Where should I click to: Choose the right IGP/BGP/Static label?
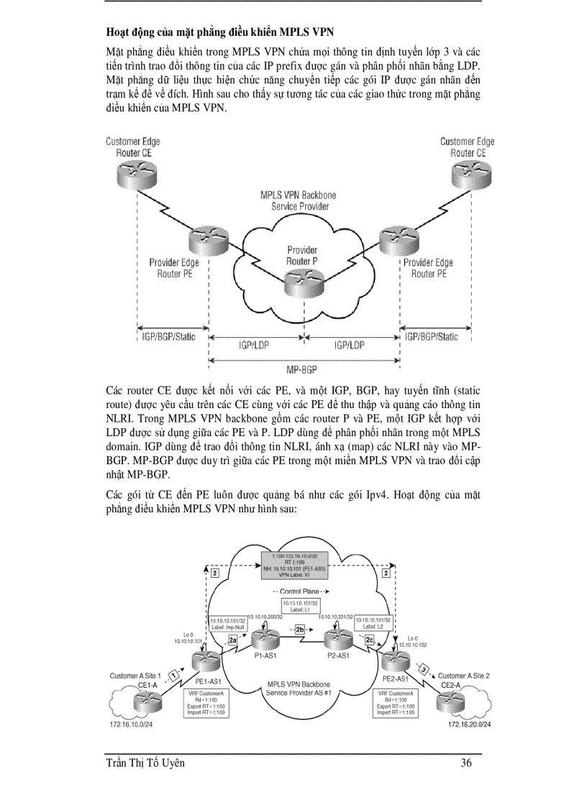(x=432, y=336)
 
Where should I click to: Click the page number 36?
(x=466, y=763)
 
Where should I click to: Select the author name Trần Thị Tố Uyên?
(x=145, y=763)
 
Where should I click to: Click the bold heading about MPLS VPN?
(x=219, y=32)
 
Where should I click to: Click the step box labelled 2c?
(x=370, y=639)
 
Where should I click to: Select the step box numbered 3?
(x=424, y=670)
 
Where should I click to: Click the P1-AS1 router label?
(x=267, y=656)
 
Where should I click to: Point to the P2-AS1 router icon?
(x=336, y=639)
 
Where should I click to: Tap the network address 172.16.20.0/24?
(x=469, y=724)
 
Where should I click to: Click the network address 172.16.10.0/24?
(x=131, y=724)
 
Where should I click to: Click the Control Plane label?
(x=301, y=591)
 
